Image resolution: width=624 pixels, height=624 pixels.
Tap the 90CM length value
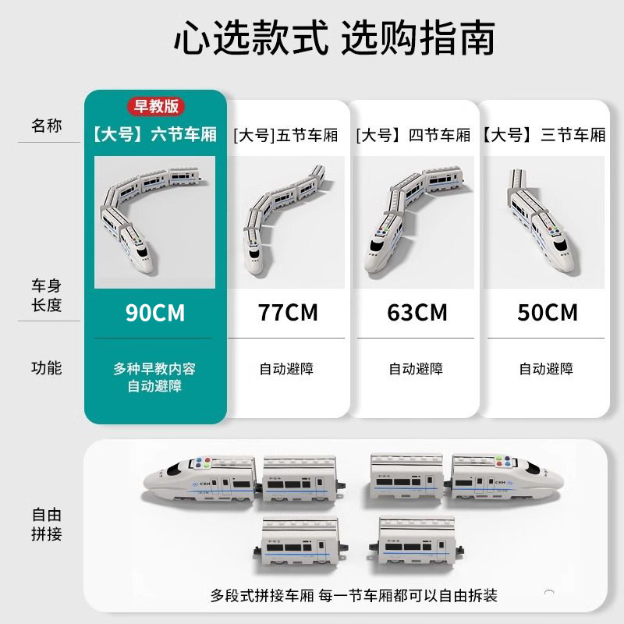[x=155, y=313]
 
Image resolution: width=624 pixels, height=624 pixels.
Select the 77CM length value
[x=288, y=313]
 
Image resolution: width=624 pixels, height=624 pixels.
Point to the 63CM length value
[x=417, y=313]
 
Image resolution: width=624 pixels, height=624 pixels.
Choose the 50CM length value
[x=548, y=313]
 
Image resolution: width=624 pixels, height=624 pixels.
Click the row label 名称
[x=47, y=126]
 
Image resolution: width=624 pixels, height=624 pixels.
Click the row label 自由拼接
[x=47, y=524]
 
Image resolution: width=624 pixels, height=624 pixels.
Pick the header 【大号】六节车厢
[x=155, y=135]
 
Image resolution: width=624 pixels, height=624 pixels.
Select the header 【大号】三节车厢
[x=544, y=135]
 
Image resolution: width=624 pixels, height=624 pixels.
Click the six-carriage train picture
[x=155, y=222]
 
